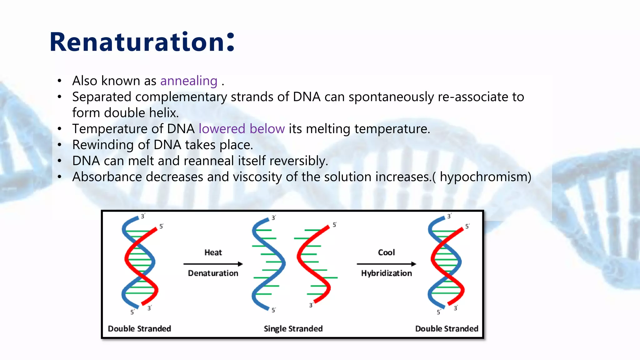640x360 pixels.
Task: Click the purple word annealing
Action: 189,81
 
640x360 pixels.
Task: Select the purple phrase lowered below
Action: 242,129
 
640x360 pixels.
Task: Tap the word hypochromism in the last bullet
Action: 483,177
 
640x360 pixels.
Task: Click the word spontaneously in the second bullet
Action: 391,97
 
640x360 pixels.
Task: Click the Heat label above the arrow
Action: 213,252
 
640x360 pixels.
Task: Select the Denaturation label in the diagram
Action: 213,273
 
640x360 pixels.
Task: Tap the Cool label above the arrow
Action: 386,252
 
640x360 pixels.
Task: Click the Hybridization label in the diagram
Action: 386,273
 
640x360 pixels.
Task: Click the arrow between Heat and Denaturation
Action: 213,264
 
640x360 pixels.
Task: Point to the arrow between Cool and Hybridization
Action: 386,264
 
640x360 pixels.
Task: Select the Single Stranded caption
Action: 293,329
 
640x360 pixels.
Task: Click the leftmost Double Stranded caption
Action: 139,329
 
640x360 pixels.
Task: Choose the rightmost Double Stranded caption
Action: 447,329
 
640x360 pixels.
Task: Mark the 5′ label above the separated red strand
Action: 334,225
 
